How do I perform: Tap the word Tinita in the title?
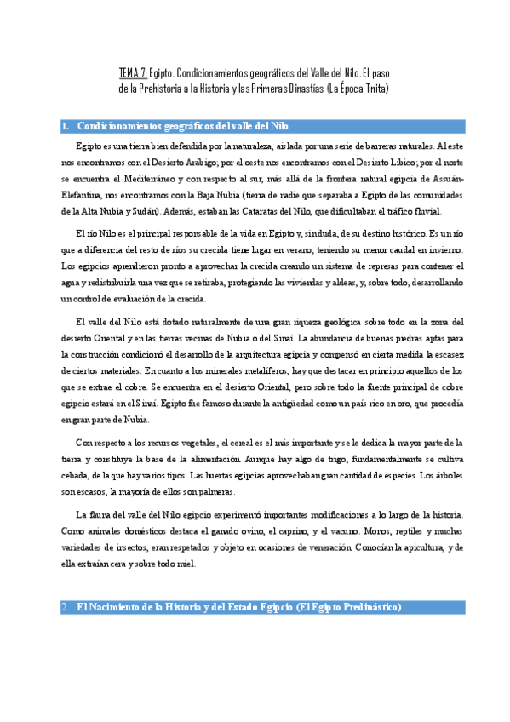pyautogui.click(x=370, y=88)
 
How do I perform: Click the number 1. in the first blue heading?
pyautogui.click(x=66, y=127)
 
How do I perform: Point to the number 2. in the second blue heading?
pyautogui.click(x=66, y=607)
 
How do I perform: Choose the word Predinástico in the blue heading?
pyautogui.click(x=365, y=607)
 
